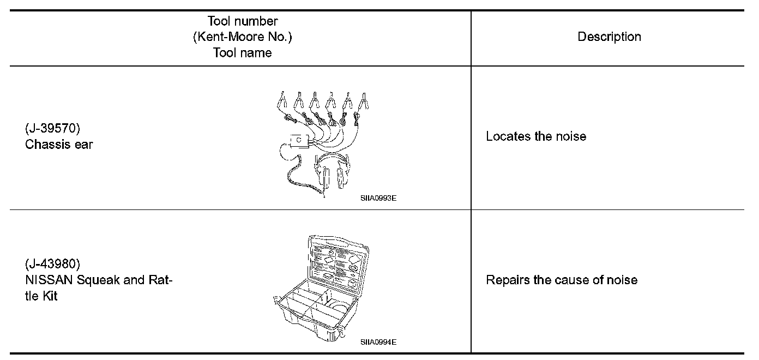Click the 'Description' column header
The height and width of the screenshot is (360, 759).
609,37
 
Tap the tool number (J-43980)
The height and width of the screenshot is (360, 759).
52,265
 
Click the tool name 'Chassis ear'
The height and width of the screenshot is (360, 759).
59,145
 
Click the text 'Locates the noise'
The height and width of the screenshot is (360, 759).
535,136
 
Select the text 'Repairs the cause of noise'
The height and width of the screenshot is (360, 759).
561,280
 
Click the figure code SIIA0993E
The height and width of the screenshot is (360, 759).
378,199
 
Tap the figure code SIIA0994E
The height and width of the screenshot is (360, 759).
378,343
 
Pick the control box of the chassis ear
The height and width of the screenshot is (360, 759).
299,141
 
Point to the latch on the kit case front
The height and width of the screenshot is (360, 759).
341,331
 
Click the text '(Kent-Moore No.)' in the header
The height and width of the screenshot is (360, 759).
242,37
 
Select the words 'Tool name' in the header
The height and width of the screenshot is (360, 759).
242,52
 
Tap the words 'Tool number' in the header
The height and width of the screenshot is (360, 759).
242,22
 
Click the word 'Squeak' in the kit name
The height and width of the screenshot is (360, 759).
97,281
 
